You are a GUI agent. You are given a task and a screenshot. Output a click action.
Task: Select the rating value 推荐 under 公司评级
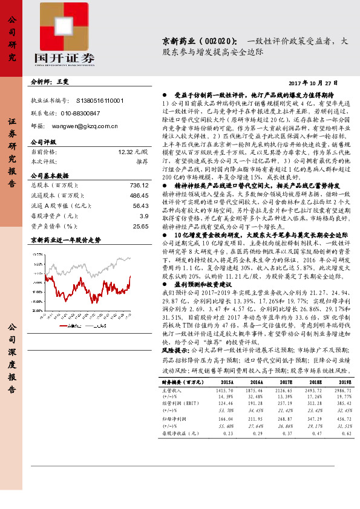[x=141, y=162]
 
